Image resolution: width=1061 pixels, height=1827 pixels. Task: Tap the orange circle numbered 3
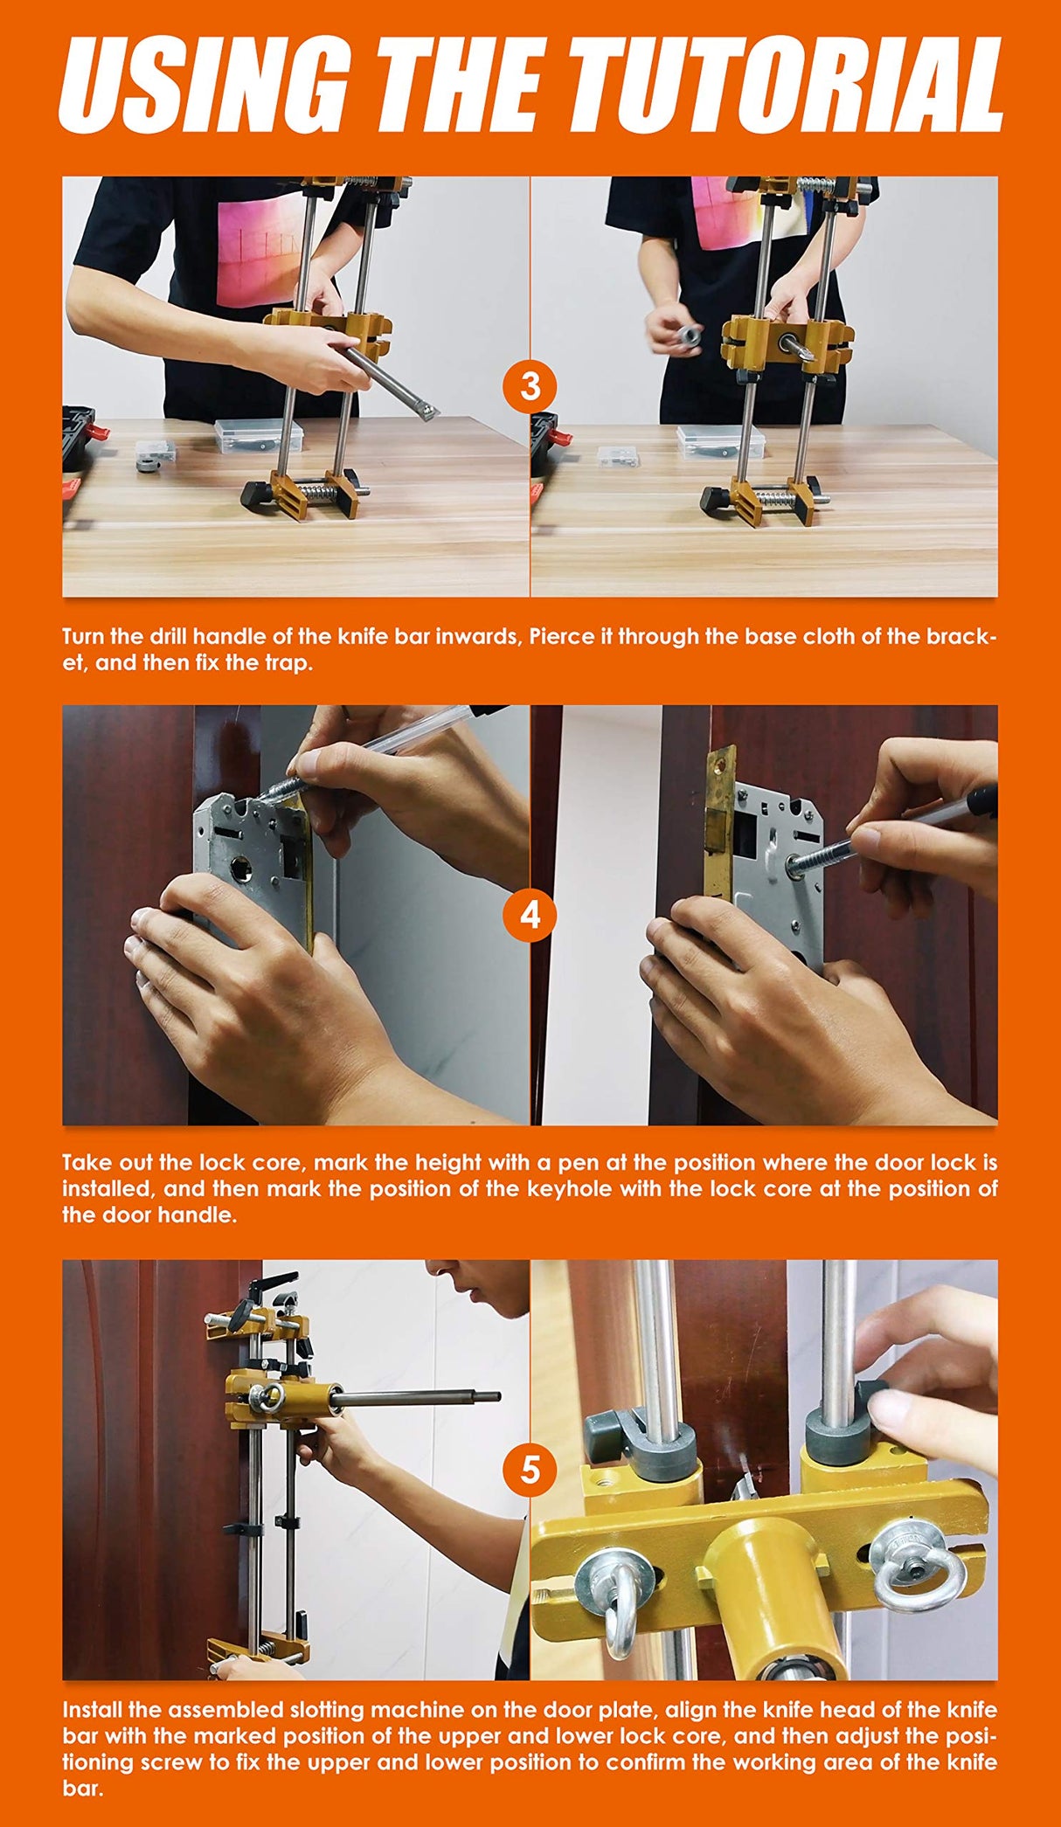(530, 385)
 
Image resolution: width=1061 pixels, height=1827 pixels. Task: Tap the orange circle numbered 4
(530, 915)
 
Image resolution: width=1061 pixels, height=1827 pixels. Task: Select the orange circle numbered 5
(530, 1471)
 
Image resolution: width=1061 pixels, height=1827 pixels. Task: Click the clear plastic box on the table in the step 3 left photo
(258, 435)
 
